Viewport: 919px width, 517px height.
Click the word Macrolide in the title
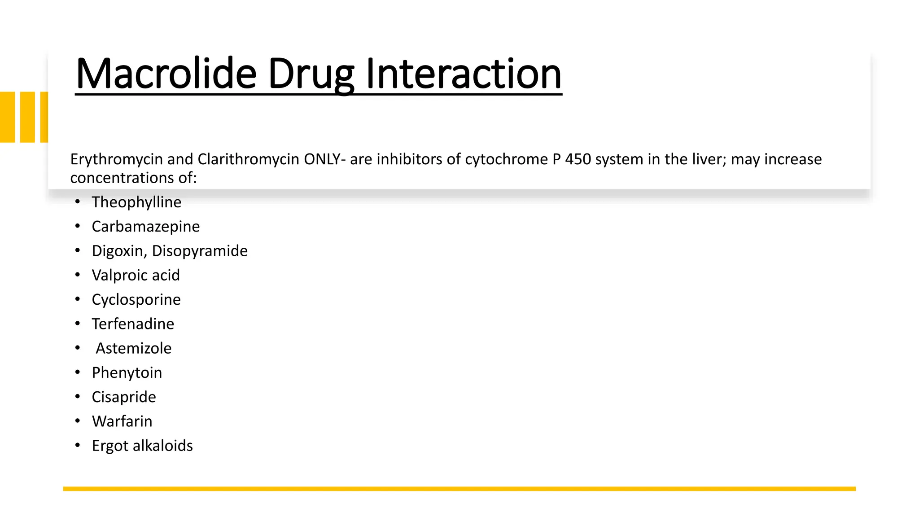[x=166, y=74]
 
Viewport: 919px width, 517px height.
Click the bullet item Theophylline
[x=136, y=202]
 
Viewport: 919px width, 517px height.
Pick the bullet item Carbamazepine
[x=146, y=227]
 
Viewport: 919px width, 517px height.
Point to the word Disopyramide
[x=200, y=251]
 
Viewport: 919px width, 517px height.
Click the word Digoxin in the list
[x=117, y=251]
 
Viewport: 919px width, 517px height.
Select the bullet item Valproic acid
[x=136, y=275]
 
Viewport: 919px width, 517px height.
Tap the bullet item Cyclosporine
[x=136, y=300]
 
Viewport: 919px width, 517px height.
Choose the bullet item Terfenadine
[x=133, y=324]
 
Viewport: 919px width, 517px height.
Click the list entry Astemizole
[x=133, y=348]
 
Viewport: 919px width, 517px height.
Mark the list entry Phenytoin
[x=127, y=372]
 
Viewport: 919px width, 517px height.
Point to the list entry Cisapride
[x=124, y=397]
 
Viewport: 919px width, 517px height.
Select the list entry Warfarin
[x=122, y=421]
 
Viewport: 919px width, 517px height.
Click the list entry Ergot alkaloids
[x=142, y=446]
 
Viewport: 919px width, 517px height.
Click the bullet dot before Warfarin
[x=78, y=421]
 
